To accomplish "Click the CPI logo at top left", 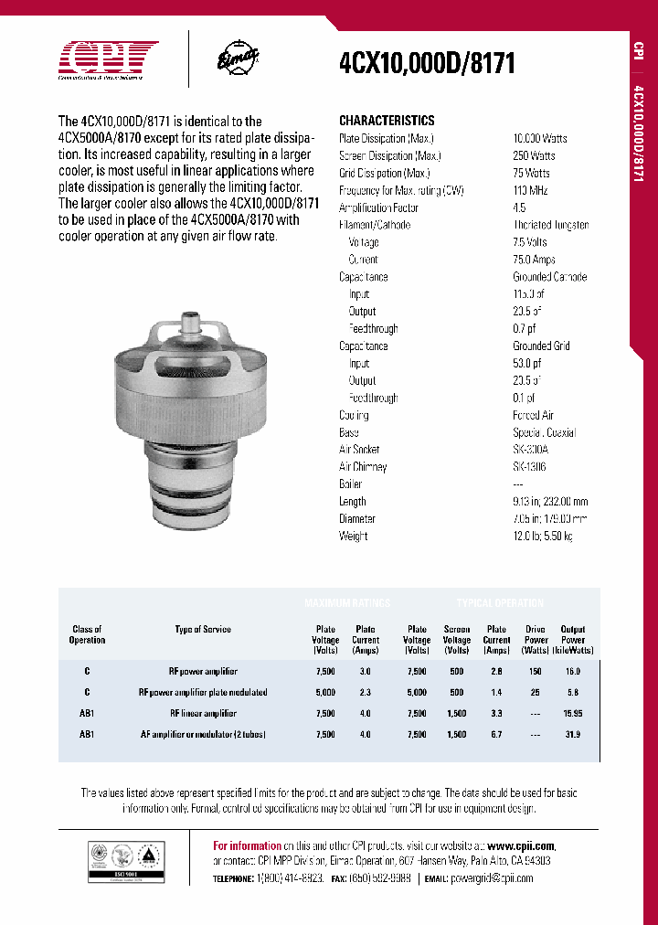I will [108, 60].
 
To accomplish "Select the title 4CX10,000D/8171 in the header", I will [427, 63].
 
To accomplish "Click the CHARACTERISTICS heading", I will [387, 121].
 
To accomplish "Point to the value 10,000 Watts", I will [540, 138].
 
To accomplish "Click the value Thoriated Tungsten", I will [550, 225].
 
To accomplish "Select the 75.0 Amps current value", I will [535, 260].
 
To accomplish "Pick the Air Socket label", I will [359, 450].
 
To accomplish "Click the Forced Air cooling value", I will [533, 415].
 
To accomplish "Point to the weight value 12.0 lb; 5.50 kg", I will [543, 537].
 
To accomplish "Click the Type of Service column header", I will [203, 630].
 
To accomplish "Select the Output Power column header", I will [573, 640].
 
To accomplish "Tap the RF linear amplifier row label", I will [203, 714].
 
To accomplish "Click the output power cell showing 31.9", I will [573, 735].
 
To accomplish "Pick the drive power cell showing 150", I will [536, 671].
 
